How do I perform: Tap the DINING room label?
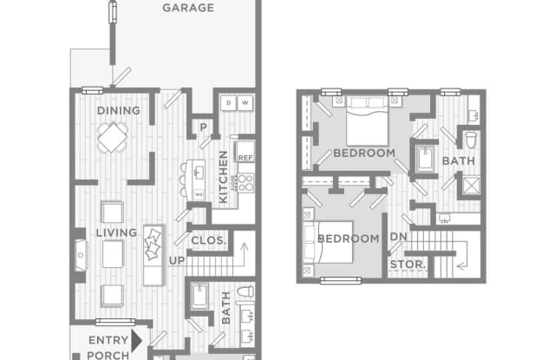tap(113, 111)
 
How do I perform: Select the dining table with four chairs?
tap(113, 137)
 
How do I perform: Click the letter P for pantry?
tap(203, 127)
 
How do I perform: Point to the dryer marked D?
tap(227, 103)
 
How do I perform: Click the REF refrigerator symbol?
tap(245, 157)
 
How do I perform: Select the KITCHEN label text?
tap(223, 178)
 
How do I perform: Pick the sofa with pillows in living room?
tap(153, 254)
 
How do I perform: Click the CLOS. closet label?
tap(208, 240)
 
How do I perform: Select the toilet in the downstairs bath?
tap(245, 292)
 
